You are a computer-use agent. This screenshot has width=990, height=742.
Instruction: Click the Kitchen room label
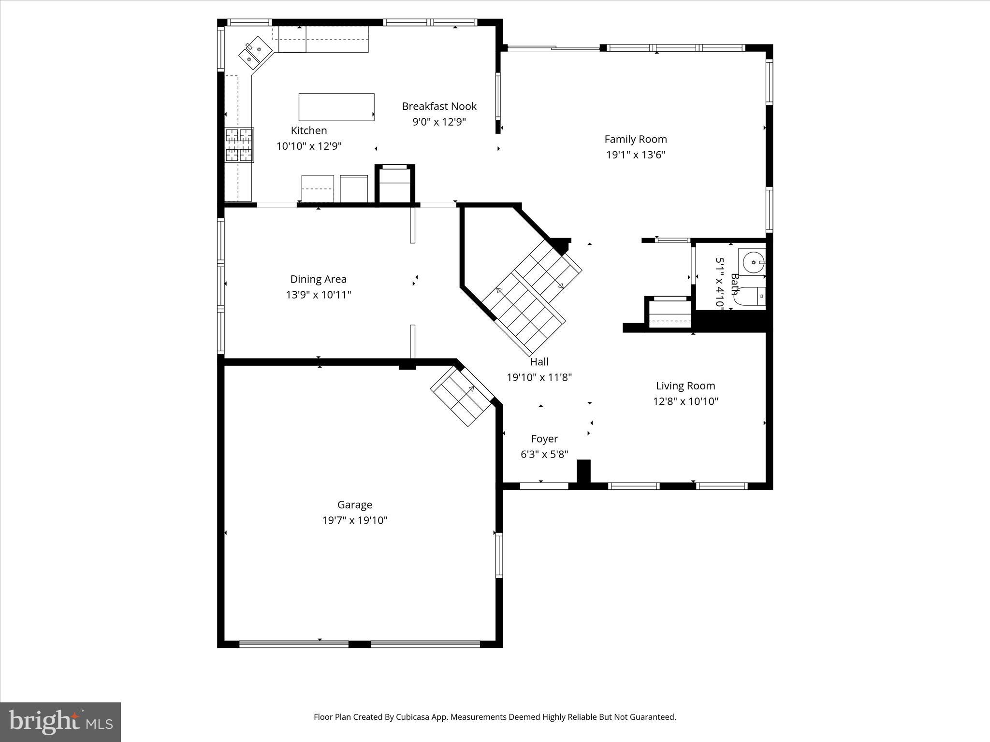click(x=308, y=130)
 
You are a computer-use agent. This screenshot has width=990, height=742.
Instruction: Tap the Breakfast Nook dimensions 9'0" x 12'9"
click(x=439, y=122)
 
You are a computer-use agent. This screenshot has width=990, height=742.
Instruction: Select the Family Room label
click(x=635, y=139)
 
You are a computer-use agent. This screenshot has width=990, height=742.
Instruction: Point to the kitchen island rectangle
click(x=336, y=107)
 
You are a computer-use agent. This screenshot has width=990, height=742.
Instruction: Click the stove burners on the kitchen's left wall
click(x=239, y=144)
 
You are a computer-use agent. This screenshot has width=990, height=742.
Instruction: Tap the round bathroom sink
click(x=752, y=262)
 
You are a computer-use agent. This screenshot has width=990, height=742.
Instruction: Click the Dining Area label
click(x=318, y=279)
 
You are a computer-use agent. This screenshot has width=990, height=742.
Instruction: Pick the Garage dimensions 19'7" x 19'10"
click(x=355, y=520)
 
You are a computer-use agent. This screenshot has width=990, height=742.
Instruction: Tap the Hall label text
click(x=539, y=361)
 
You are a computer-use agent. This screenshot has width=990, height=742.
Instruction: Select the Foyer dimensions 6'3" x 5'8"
click(x=544, y=454)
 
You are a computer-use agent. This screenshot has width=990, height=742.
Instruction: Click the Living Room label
click(x=685, y=385)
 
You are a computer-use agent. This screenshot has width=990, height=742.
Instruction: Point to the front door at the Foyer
click(x=544, y=485)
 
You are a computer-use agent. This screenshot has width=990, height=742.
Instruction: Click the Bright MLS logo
click(x=60, y=722)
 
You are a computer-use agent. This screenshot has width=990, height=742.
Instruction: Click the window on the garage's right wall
click(x=499, y=555)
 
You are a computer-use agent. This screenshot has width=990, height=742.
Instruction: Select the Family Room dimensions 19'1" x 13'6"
click(x=636, y=155)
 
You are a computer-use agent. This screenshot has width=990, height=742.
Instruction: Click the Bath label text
click(x=735, y=284)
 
